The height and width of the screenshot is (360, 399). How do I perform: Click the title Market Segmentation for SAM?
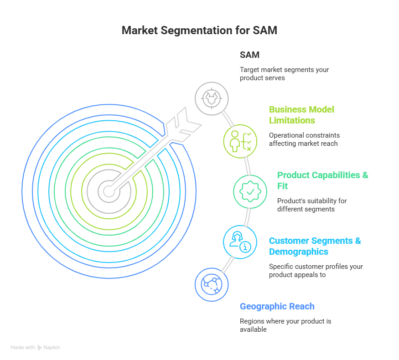(x=199, y=31)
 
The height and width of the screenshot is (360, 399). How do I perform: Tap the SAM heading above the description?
(x=249, y=55)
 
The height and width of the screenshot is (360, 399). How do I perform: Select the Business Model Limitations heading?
(x=301, y=115)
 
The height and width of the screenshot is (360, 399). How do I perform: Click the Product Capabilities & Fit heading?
(x=323, y=180)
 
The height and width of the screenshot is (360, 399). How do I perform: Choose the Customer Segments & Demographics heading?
(x=315, y=246)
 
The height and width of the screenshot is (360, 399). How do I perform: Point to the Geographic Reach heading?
(x=277, y=306)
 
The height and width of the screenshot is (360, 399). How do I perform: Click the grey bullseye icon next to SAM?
(x=212, y=98)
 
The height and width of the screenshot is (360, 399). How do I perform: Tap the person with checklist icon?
(x=240, y=141)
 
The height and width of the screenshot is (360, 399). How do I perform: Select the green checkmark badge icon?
(x=250, y=192)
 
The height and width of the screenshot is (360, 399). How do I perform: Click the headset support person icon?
(x=240, y=242)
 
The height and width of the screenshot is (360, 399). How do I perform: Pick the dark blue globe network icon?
(x=211, y=284)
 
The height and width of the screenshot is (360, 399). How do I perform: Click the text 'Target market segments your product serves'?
(x=284, y=74)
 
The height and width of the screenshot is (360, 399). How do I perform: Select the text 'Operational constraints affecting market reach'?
(x=304, y=139)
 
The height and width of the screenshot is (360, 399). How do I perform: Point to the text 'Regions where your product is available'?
(x=285, y=325)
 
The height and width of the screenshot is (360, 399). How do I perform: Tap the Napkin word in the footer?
(x=52, y=348)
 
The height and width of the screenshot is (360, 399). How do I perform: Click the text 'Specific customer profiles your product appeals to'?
(x=316, y=271)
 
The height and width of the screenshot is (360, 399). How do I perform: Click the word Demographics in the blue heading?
(x=299, y=252)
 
